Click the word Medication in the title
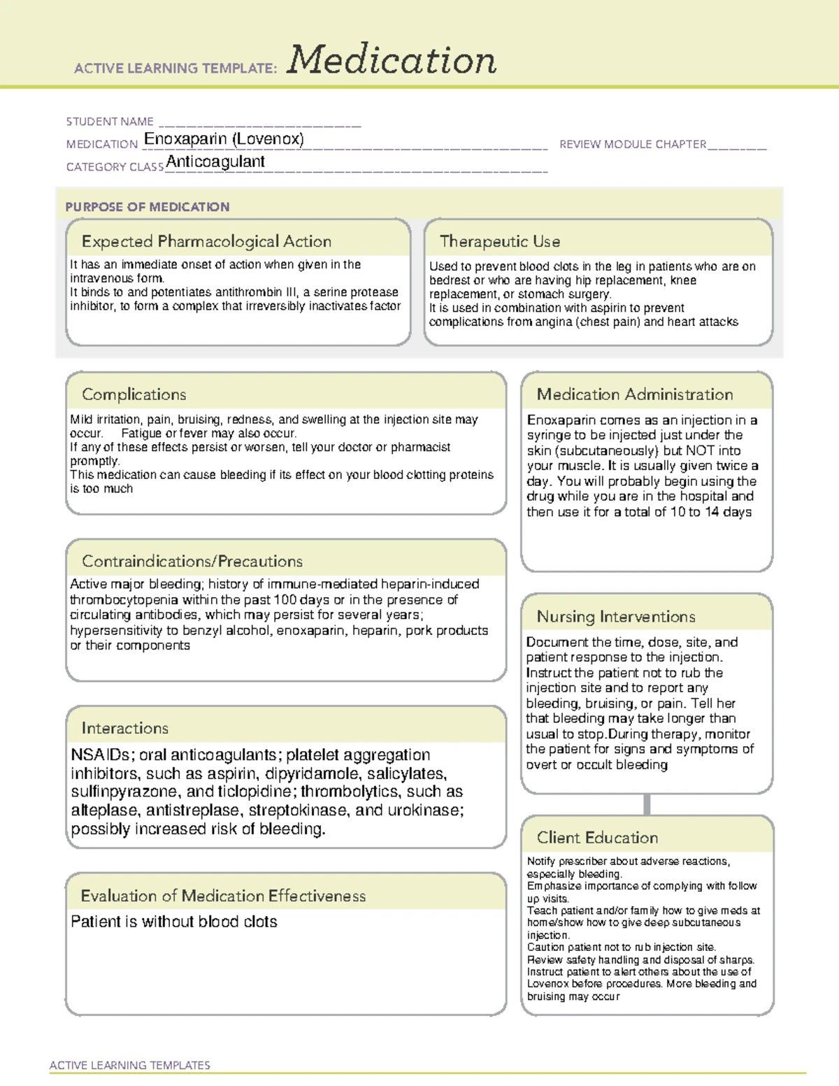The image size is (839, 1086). click(x=391, y=60)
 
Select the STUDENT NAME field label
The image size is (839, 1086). click(x=110, y=122)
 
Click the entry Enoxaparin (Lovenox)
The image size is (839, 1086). click(x=224, y=139)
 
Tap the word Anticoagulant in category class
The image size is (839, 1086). click(x=215, y=162)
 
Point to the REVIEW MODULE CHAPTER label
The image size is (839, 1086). click(x=633, y=144)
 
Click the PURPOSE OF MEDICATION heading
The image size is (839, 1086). click(x=148, y=207)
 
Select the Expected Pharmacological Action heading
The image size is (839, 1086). click(x=206, y=242)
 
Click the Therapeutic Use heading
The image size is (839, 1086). click(x=500, y=242)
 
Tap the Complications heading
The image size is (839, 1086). click(x=134, y=394)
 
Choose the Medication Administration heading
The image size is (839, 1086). click(x=635, y=394)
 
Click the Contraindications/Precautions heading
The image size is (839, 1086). click(x=192, y=562)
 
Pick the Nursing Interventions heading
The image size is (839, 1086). click(x=616, y=617)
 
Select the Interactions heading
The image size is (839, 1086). click(x=125, y=729)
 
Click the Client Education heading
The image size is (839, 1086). click(x=597, y=838)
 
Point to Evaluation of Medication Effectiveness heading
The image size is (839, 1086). click(x=223, y=896)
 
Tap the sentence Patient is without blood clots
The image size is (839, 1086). click(x=174, y=922)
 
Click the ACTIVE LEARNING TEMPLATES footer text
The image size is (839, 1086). click(x=130, y=1065)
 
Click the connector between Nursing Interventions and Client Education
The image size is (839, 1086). click(x=647, y=804)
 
